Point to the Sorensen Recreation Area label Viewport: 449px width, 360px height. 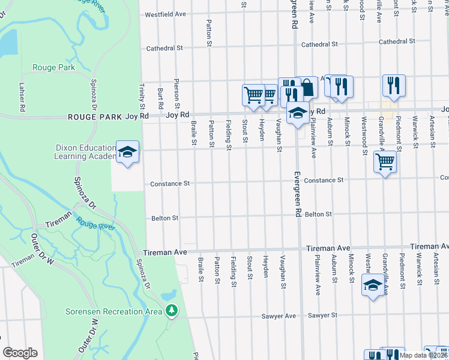pyautogui.click(x=113, y=311)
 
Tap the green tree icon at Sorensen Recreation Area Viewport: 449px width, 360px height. pyautogui.click(x=172, y=310)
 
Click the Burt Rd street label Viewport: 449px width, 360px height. pyautogui.click(x=160, y=95)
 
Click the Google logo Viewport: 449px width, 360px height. pyautogui.click(x=20, y=353)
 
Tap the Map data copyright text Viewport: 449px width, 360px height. pyautogui.click(x=424, y=355)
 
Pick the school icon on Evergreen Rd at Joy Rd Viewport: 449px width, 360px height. pyautogui.click(x=298, y=112)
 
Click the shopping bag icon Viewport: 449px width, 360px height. pyautogui.click(x=307, y=88)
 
